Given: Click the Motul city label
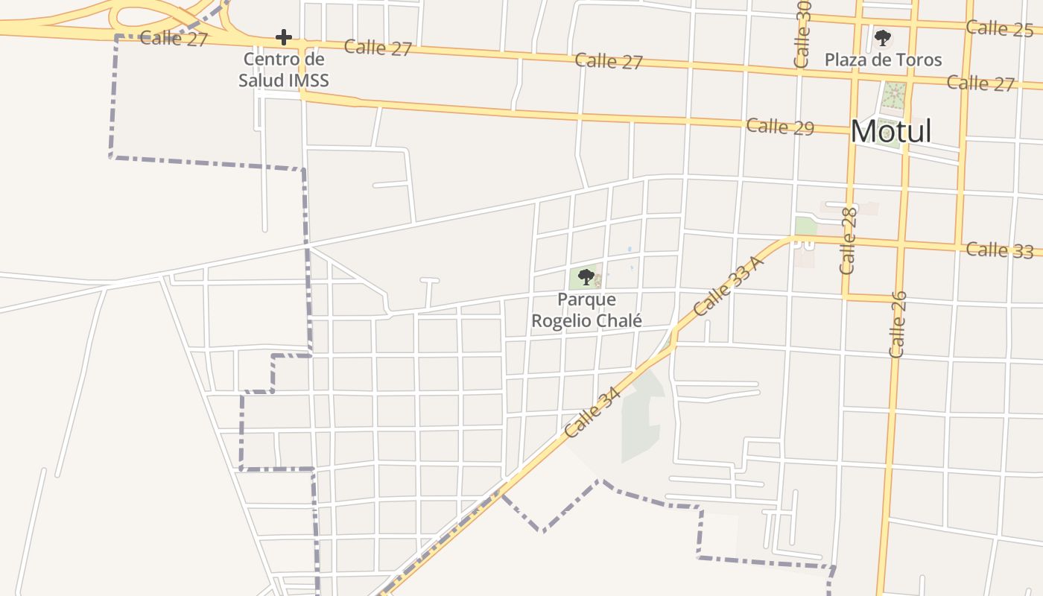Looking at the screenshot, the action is pyautogui.click(x=891, y=132).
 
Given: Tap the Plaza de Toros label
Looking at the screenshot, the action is pyautogui.click(x=883, y=60).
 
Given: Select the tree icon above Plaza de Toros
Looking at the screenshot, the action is pyautogui.click(x=883, y=37).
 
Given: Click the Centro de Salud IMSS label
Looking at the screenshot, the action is pyautogui.click(x=284, y=69).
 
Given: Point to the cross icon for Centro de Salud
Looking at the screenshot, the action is pyautogui.click(x=283, y=37).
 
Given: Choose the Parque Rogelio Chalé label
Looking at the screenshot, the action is pyautogui.click(x=586, y=310).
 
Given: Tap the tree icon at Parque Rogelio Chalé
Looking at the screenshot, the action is pyautogui.click(x=586, y=277).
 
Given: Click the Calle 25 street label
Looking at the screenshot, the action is pyautogui.click(x=999, y=28).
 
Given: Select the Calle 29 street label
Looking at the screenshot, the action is pyautogui.click(x=780, y=126).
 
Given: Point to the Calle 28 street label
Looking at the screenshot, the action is pyautogui.click(x=849, y=241).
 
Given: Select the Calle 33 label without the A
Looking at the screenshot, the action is pyautogui.click(x=999, y=250).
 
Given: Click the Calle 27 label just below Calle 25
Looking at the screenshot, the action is pyautogui.click(x=980, y=83).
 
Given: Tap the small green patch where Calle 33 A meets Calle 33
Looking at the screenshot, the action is pyautogui.click(x=805, y=226).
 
